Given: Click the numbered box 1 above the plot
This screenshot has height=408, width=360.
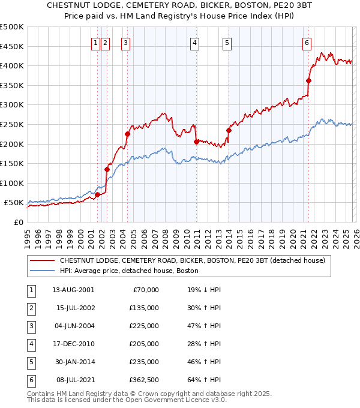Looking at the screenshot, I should [95, 43].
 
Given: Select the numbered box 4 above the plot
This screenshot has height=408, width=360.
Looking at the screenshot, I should [196, 43].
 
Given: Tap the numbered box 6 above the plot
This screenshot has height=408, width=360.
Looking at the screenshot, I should [307, 43].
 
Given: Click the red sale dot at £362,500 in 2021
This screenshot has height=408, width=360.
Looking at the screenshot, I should [308, 80].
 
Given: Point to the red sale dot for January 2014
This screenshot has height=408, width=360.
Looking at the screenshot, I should [229, 130].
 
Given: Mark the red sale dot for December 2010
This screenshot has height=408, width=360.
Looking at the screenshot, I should [196, 142].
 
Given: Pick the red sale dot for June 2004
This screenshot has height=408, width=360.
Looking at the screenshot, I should [127, 134].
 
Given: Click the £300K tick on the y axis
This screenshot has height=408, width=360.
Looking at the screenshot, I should [13, 105].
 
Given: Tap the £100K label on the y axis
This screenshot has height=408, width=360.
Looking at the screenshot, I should [13, 183].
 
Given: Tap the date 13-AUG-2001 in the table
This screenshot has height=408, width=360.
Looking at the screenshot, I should [73, 289].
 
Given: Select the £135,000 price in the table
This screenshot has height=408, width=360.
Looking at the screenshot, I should [145, 307].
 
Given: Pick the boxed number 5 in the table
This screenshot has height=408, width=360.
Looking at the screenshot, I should [30, 361].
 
